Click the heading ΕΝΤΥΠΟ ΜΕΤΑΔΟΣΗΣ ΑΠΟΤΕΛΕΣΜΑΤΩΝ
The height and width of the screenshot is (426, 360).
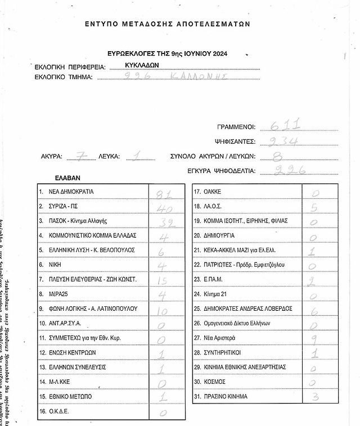pos(167,24)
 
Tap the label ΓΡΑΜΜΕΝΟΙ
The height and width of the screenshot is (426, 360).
pos(236,128)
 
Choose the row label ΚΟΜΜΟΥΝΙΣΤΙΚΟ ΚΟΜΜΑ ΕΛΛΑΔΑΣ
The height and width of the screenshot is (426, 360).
pos(92,235)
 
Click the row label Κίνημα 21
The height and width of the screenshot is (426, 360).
pos(218,294)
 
